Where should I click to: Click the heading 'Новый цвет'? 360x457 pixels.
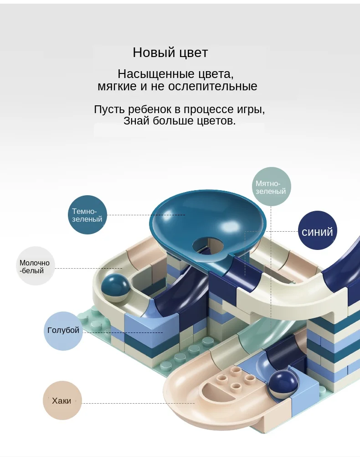coord(170,52)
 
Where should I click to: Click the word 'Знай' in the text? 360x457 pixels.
coord(136,121)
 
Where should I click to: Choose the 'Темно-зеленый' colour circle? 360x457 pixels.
coord(87,215)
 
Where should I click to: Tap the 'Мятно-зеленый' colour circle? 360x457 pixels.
coord(271,187)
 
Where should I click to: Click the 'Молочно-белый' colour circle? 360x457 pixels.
coord(35,266)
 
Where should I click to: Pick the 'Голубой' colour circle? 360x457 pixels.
coord(63,331)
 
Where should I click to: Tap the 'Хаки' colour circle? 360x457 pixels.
coord(62,400)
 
